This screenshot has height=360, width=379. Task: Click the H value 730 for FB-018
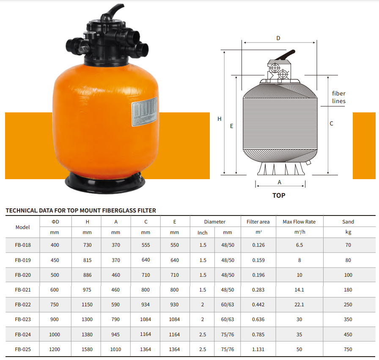click(87, 245)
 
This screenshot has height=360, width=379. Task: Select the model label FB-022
click(23, 305)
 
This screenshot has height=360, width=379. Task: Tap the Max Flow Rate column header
click(299, 222)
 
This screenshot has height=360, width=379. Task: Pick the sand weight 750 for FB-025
click(348, 349)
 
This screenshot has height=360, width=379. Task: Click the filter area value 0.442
click(258, 305)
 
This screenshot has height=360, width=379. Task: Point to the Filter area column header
click(258, 222)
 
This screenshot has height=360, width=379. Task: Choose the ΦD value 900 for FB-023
click(55, 319)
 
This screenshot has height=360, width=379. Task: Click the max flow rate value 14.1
click(299, 290)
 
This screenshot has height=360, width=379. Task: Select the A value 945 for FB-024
click(115, 334)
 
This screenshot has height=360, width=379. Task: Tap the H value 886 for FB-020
click(87, 275)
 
